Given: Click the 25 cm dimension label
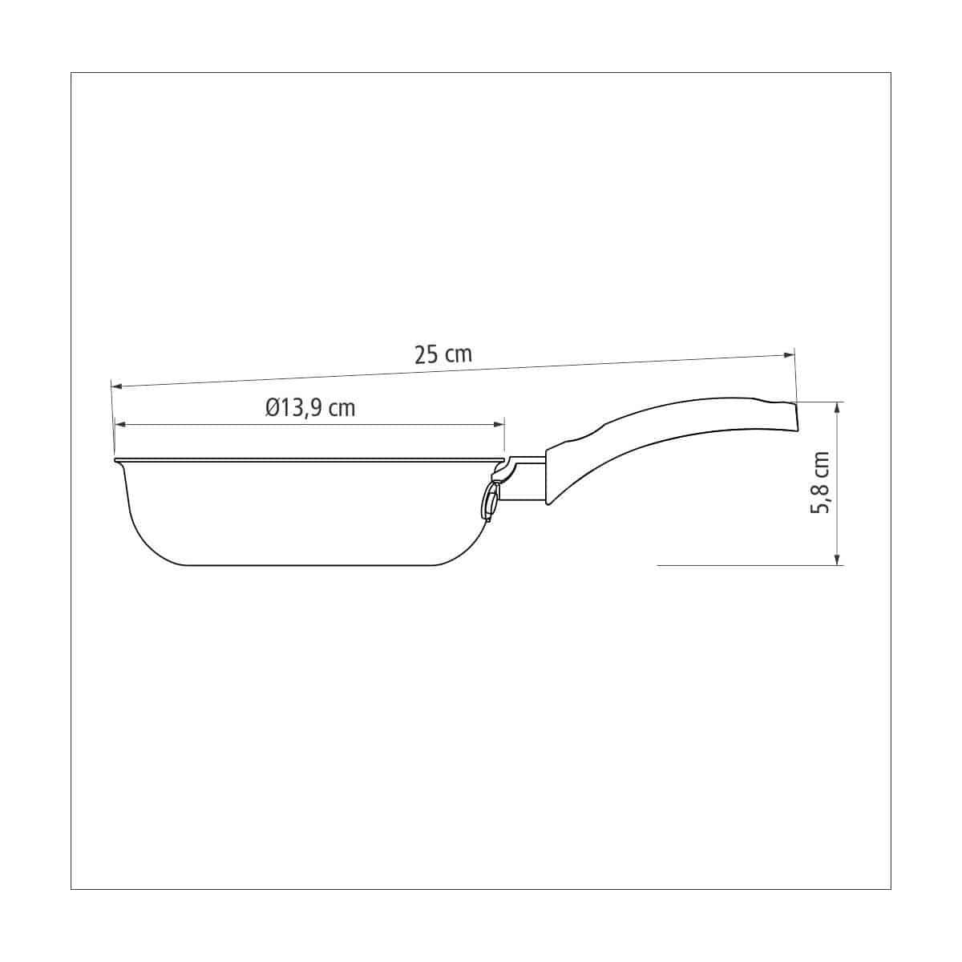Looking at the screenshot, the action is click(x=443, y=355).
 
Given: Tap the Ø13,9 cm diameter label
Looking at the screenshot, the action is click(x=310, y=409).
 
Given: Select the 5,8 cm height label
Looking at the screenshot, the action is click(x=820, y=483).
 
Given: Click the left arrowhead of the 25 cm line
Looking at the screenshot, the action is click(x=116, y=386).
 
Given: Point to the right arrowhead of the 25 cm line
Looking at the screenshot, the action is click(x=789, y=355).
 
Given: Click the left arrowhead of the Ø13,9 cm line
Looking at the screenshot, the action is click(x=121, y=424).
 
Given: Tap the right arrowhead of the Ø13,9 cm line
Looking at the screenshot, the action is click(x=499, y=424).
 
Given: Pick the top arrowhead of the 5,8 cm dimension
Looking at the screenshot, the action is click(x=838, y=409).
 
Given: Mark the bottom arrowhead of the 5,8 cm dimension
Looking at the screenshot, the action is click(x=838, y=558).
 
